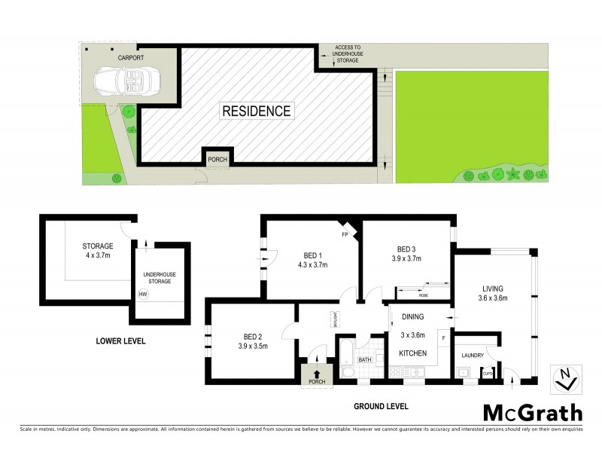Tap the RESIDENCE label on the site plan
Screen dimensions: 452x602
[x=256, y=111]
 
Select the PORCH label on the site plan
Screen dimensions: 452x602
[x=218, y=159]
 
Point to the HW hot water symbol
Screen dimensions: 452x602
[x=143, y=295]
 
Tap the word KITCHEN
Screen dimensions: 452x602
[x=413, y=353]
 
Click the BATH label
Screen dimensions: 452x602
[x=365, y=360]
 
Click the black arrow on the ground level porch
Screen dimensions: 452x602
[x=317, y=372]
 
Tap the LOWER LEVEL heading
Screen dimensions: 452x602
[x=120, y=341]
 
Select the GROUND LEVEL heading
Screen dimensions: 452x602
[x=381, y=406]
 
